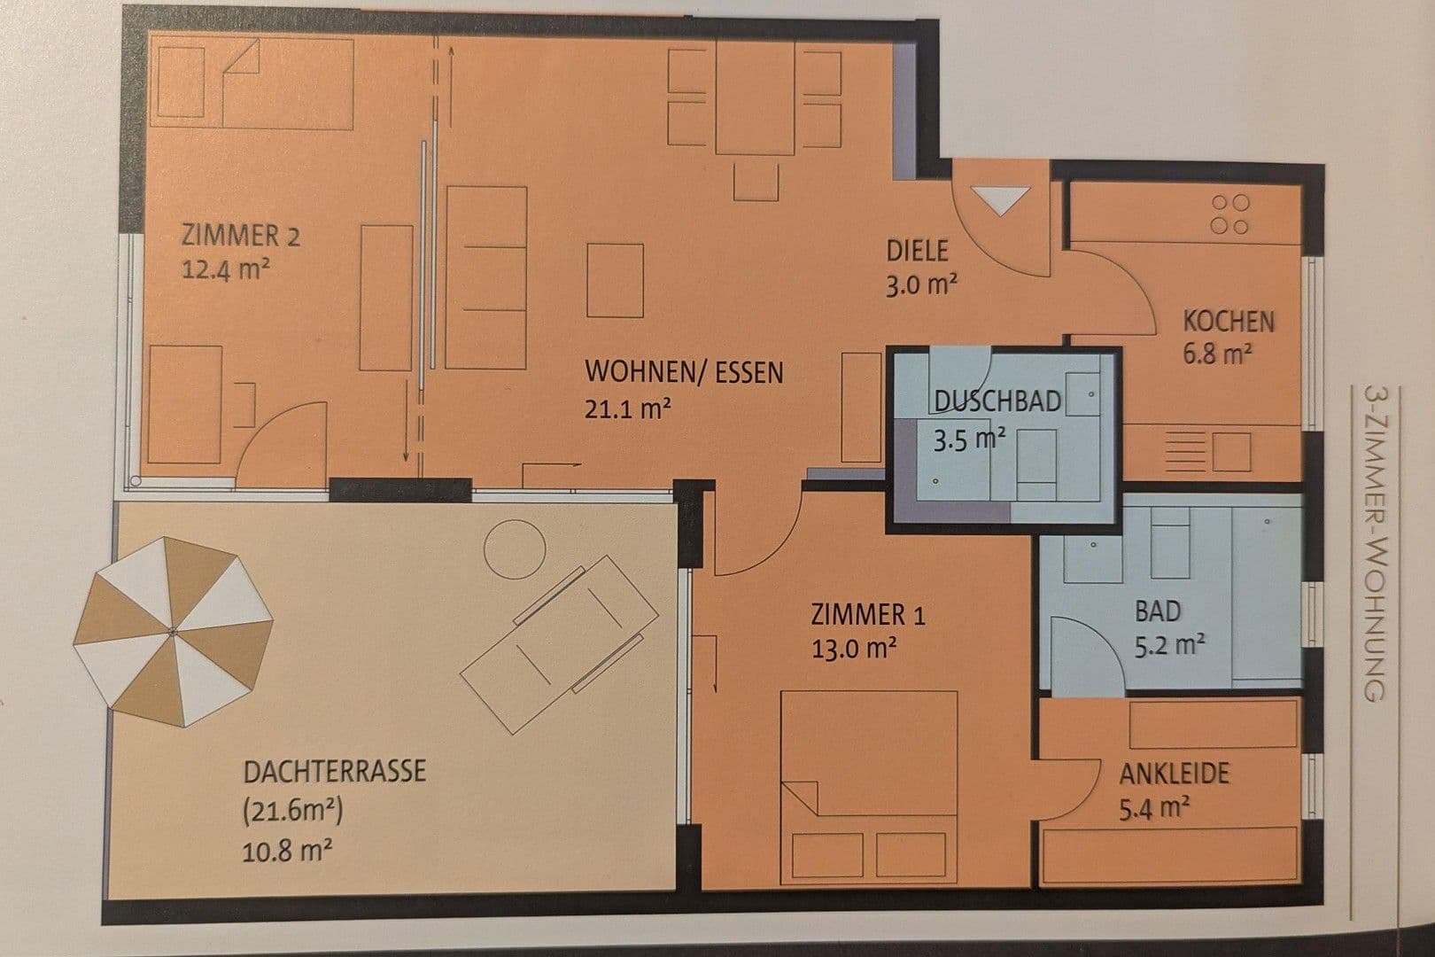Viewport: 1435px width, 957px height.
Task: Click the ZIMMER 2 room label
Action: pyautogui.click(x=240, y=237)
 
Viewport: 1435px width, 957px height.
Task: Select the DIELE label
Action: pyautogui.click(x=917, y=251)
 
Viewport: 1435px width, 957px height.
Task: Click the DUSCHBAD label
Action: pyautogui.click(x=997, y=401)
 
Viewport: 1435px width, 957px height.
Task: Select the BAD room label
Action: pyautogui.click(x=1158, y=611)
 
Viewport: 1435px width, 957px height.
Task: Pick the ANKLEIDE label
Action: pyautogui.click(x=1175, y=774)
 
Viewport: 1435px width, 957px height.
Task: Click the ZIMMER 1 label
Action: pyautogui.click(x=868, y=614)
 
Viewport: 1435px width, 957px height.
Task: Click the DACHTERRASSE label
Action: pyautogui.click(x=334, y=770)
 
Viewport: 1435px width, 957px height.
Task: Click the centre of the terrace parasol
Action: pyautogui.click(x=172, y=631)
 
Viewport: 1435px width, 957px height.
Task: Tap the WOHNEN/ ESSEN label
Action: pyautogui.click(x=684, y=372)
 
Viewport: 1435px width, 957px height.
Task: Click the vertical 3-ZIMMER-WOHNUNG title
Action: pyautogui.click(x=1374, y=542)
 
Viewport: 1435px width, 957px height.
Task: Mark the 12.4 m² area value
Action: pyautogui.click(x=226, y=269)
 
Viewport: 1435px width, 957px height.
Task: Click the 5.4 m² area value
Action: pyautogui.click(x=1154, y=808)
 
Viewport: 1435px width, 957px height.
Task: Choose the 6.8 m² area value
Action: pyautogui.click(x=1217, y=354)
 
